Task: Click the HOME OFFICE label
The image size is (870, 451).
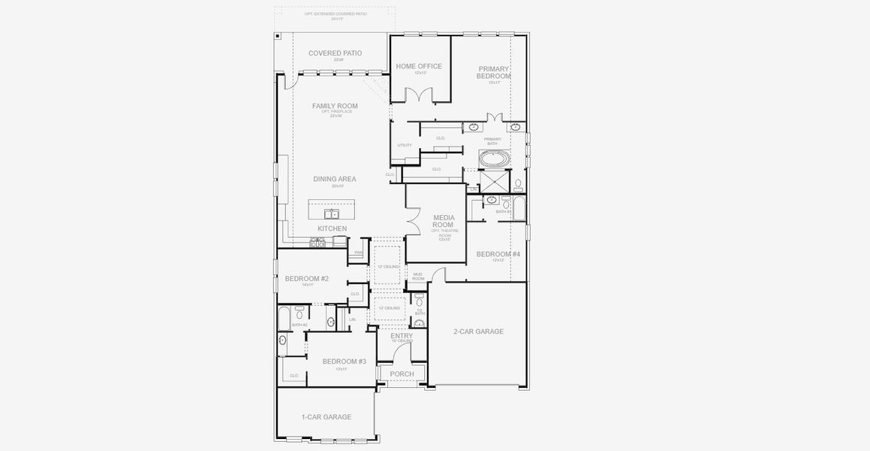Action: pos(419,66)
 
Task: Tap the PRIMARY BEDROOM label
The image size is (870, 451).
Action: pos(494,72)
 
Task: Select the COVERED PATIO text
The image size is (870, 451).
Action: pos(335,53)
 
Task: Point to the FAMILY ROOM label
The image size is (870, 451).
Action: pos(335,106)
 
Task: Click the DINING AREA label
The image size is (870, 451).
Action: pos(335,179)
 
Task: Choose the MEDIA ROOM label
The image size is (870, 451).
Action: pos(444,221)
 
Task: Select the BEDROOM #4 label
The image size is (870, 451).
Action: pos(498,254)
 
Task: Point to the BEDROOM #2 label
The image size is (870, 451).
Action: pos(306,279)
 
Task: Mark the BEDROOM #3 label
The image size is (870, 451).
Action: pos(344,362)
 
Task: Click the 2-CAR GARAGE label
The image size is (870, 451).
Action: pos(478,331)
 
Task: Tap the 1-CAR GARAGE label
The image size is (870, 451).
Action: pos(326,417)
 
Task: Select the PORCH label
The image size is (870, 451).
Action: pos(402,374)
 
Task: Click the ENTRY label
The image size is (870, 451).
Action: pos(402,336)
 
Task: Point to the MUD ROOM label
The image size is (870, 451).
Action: pos(418,277)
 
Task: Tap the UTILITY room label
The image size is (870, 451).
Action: pos(405,145)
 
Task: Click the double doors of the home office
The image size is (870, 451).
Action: pos(420,95)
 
